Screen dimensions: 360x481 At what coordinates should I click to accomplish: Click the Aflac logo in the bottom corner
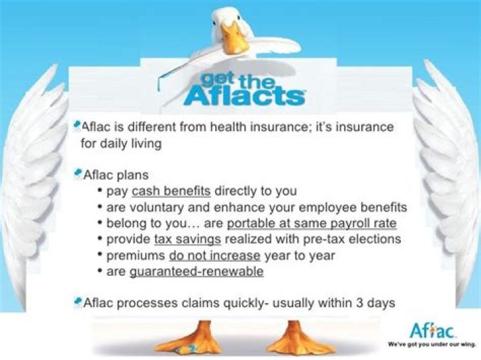(432, 330)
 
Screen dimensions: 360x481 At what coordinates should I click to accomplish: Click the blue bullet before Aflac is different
(77, 124)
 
